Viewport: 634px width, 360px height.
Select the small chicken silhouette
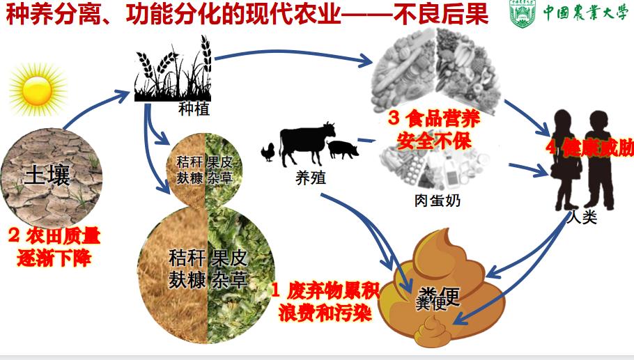(268, 151)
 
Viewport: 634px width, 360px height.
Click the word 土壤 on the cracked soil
(47, 175)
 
